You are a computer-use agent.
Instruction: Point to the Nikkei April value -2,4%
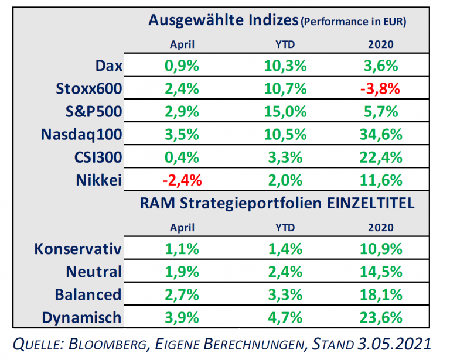(182, 180)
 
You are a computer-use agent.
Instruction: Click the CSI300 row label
(98, 157)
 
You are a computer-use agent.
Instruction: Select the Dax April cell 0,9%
(182, 66)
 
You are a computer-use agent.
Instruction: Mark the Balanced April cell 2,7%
(182, 295)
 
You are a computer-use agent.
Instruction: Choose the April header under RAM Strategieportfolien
(182, 227)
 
